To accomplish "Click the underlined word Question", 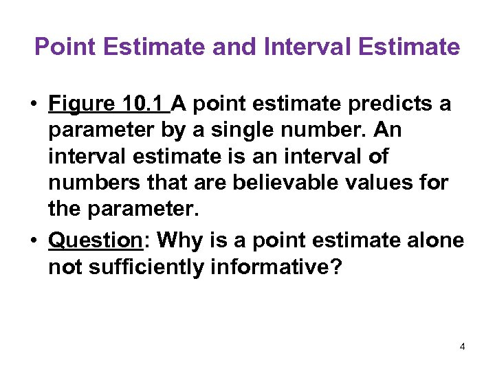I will point(95,240).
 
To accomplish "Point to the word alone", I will point(433,240).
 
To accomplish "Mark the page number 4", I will point(463,347).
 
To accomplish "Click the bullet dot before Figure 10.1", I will point(32,105).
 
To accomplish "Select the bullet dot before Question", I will point(32,241).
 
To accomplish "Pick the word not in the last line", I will point(64,267).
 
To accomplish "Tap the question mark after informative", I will point(335,267).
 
